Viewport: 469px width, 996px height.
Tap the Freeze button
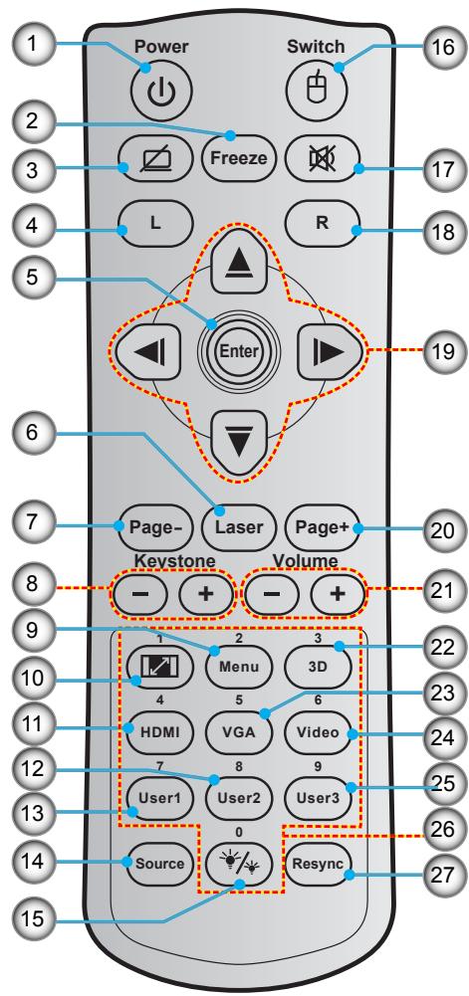pyautogui.click(x=232, y=156)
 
